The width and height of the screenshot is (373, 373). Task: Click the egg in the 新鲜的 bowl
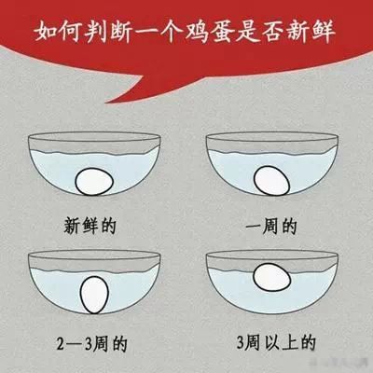pos(94,182)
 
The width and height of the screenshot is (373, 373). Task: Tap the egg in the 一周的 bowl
pos(271,181)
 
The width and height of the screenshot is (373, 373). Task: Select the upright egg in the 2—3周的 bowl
pos(94,295)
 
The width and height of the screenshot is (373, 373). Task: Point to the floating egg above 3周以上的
pos(272,278)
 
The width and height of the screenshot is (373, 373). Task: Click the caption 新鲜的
pos(90,226)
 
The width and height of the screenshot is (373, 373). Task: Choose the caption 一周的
pos(271,227)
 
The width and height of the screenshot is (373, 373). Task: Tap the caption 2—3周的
pos(92,343)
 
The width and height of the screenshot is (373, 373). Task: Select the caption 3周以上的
pos(276,342)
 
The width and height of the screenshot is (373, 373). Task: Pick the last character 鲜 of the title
pos(323,31)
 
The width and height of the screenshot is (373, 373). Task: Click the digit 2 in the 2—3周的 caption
pos(61,343)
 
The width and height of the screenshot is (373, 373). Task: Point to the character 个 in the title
pos(172,31)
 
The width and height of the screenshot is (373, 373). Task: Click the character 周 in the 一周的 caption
pos(270,227)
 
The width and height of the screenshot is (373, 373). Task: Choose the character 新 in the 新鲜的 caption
pos(73,226)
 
